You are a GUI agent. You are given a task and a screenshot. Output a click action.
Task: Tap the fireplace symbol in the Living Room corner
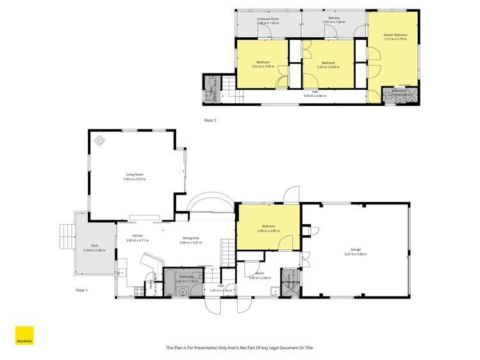point(100,140)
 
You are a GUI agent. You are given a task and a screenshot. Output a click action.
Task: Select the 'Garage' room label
point(355,249)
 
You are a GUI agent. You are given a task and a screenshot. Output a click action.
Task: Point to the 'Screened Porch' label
point(268,19)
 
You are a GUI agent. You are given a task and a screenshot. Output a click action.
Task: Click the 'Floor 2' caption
point(210,120)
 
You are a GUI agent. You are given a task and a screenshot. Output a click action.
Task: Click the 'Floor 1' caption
point(82,290)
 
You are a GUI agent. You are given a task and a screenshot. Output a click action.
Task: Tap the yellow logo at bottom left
point(24,336)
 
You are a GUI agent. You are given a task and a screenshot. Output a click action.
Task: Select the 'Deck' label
point(94,245)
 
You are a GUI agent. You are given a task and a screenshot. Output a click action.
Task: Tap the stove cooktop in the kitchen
point(138,292)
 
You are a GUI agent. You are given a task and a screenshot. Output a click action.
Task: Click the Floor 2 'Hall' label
point(315,92)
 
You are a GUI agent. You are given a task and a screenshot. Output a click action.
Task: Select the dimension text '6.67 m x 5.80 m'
point(355,254)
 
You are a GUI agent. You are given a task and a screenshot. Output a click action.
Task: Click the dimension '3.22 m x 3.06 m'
point(263,67)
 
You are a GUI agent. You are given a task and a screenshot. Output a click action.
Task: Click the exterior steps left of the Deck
point(67,237)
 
